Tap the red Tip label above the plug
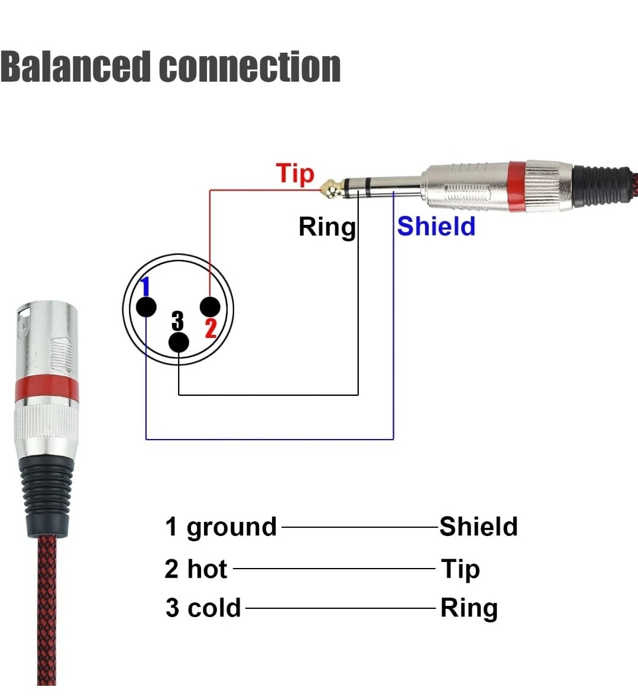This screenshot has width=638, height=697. click(x=295, y=174)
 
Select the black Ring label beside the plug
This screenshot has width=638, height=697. click(x=327, y=227)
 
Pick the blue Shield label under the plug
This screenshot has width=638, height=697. click(x=436, y=226)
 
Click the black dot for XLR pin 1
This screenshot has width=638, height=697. click(x=146, y=307)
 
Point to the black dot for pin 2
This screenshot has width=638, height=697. click(x=210, y=306)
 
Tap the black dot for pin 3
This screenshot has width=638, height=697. click(x=179, y=343)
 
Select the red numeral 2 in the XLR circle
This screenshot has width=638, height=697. click(x=211, y=328)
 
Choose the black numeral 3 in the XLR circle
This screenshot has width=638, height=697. click(x=177, y=321)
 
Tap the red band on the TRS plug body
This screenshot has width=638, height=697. click(x=516, y=185)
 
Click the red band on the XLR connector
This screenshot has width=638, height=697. click(x=46, y=387)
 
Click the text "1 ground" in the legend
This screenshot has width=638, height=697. click(x=221, y=527)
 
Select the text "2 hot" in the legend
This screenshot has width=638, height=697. click(x=196, y=569)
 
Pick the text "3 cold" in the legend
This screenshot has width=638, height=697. click(x=203, y=608)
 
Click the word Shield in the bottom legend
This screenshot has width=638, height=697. click(x=478, y=527)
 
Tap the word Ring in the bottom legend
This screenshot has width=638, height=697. click(x=469, y=608)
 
